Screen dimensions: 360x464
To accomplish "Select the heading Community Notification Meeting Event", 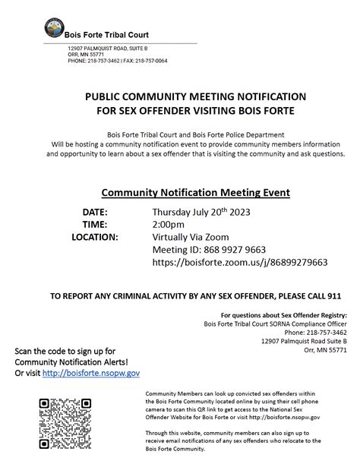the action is point(195,192).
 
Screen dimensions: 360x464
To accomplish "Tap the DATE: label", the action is point(94,211).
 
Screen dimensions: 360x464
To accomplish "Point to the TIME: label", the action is point(94,224).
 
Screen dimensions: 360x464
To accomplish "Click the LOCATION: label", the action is point(94,237).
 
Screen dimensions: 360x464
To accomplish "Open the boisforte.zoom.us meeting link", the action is point(239,262).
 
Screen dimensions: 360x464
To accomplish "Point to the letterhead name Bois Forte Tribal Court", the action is point(106,35).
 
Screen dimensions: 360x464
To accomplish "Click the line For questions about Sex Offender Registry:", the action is point(283,314).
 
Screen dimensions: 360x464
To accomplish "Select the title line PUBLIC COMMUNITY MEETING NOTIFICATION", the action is point(195,97).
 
